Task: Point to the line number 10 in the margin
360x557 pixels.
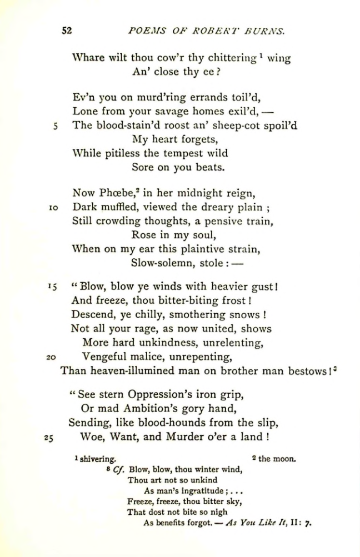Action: [54, 207]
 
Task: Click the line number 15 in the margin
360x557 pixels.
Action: [53, 288]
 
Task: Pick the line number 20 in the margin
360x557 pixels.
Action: [53, 357]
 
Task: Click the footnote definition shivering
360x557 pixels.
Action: [97, 459]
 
